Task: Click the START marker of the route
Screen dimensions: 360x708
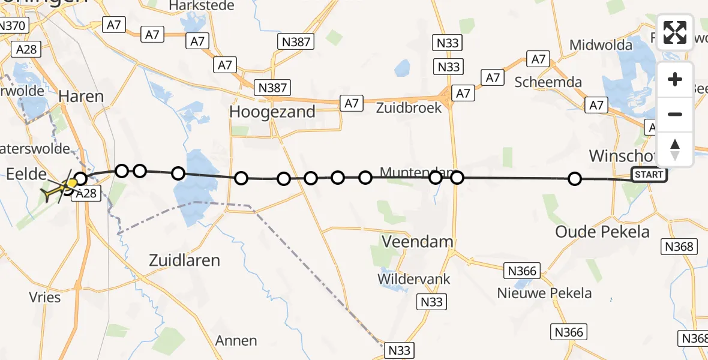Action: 649,175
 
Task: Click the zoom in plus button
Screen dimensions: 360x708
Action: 675,79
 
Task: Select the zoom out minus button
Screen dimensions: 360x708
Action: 675,114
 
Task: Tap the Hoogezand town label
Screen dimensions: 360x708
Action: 272,112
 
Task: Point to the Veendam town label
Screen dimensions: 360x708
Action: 418,242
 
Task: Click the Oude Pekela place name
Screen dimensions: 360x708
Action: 602,232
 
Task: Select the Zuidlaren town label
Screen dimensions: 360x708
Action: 184,260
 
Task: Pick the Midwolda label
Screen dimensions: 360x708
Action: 601,45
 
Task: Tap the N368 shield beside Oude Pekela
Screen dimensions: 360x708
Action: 679,247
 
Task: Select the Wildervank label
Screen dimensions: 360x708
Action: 413,280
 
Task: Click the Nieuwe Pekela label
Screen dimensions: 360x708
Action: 544,293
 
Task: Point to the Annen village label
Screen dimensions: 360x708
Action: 236,341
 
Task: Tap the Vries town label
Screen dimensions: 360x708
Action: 44,298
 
